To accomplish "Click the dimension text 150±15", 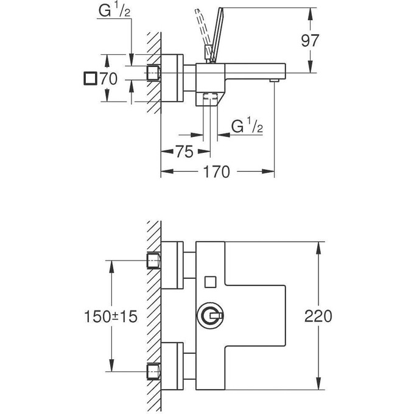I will coord(111,317).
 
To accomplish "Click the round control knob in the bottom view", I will coord(211,316).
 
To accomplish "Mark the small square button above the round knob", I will coord(211,281).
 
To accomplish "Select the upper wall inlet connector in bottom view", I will coord(154,261).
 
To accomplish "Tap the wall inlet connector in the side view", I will coord(154,73).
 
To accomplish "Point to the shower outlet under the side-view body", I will coord(211,97).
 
